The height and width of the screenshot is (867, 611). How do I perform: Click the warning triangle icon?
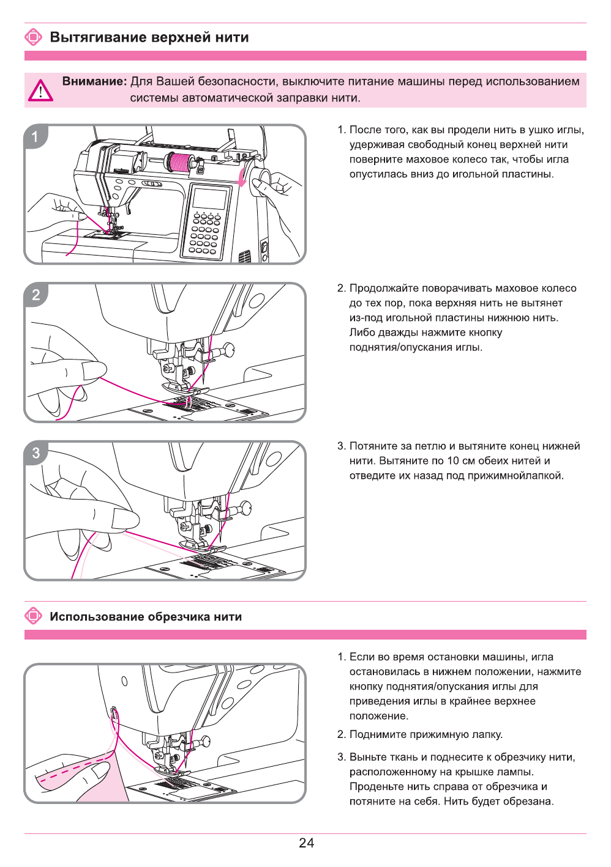tap(40, 90)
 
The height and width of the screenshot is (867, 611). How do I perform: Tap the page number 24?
tap(306, 843)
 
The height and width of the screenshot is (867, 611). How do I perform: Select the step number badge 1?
tap(36, 136)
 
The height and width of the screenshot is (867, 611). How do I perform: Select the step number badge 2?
tap(36, 295)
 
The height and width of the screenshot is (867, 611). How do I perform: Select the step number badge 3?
tap(36, 453)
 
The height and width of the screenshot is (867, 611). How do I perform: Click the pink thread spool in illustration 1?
tap(179, 162)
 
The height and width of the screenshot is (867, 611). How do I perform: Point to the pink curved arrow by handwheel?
tap(241, 177)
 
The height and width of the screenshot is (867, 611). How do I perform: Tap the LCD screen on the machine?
tap(209, 199)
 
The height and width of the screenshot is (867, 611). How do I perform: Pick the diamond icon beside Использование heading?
tap(34, 616)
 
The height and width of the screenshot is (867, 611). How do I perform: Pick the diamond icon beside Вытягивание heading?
tap(34, 37)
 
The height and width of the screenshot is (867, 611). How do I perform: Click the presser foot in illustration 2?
tap(184, 388)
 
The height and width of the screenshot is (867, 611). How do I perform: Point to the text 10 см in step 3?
tap(463, 460)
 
